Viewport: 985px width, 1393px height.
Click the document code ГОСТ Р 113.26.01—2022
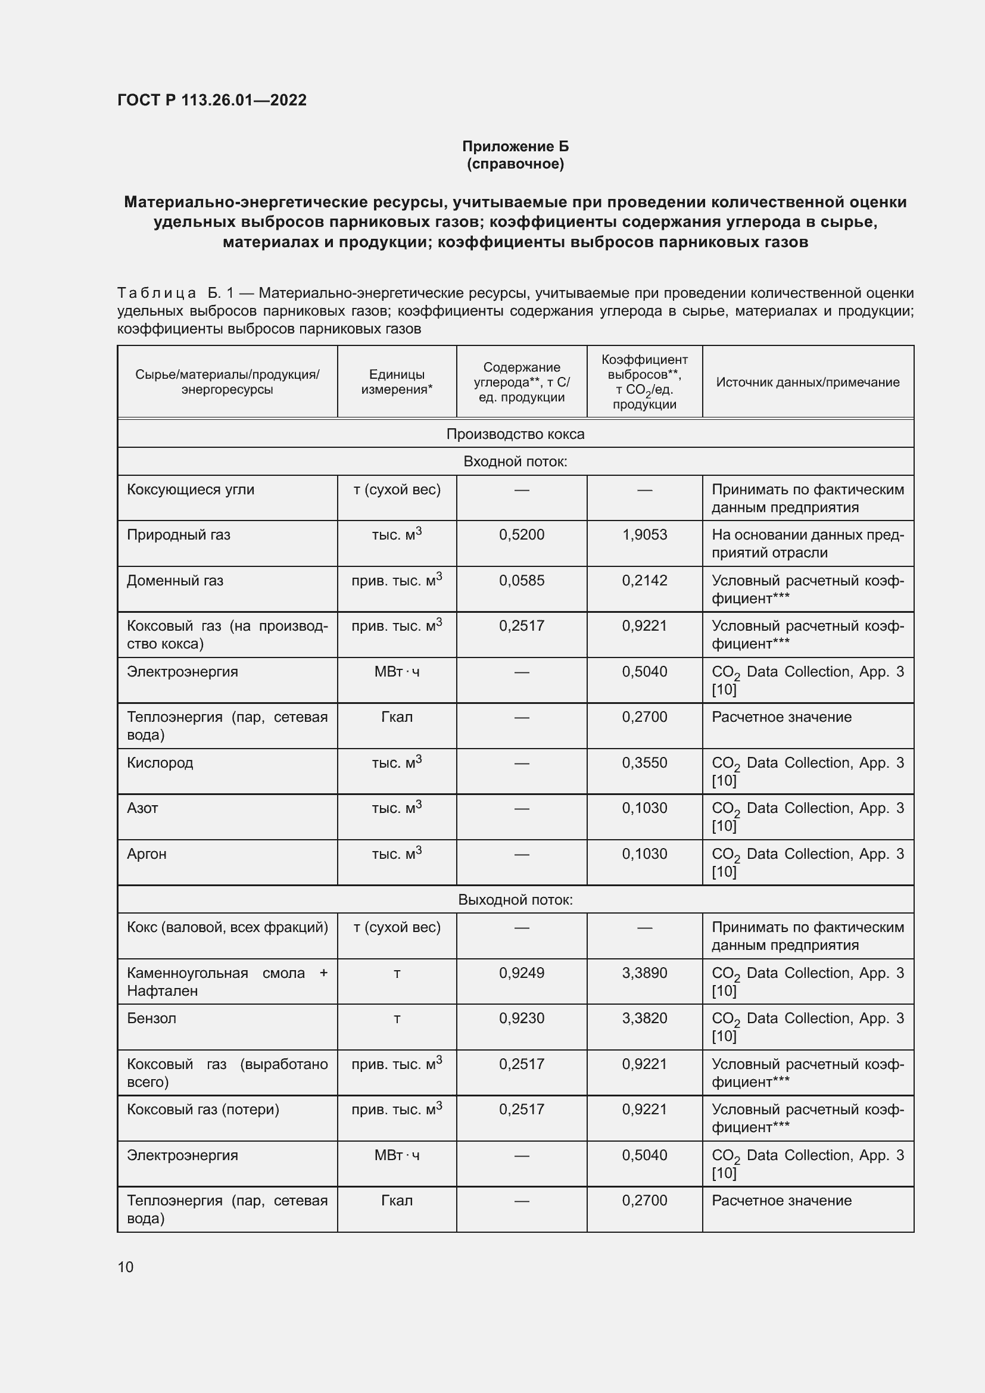coord(211,100)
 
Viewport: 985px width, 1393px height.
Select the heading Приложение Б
coord(515,147)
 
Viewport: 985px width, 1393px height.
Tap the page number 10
coord(126,1267)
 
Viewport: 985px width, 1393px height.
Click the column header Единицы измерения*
coord(397,382)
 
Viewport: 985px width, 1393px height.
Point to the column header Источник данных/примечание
coord(808,382)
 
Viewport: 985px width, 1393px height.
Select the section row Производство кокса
coord(515,434)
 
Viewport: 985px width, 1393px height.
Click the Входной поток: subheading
coord(515,462)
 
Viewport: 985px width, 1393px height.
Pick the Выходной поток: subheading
coord(515,900)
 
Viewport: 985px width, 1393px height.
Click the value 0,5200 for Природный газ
coord(522,534)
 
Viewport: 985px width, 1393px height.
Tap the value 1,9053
coord(644,534)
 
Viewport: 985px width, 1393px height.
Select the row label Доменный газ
coord(174,581)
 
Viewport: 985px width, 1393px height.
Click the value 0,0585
coord(522,581)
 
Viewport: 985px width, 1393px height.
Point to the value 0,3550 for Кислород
coord(644,763)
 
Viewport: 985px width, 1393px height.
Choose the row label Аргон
coord(146,853)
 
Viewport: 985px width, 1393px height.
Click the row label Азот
coord(142,808)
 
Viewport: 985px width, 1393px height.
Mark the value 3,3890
coord(644,973)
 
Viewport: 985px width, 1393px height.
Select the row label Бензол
coord(151,1018)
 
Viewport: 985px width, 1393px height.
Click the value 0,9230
coord(522,1018)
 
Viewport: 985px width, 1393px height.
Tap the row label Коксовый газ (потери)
coord(202,1109)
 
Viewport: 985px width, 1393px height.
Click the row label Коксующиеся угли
coord(191,490)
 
